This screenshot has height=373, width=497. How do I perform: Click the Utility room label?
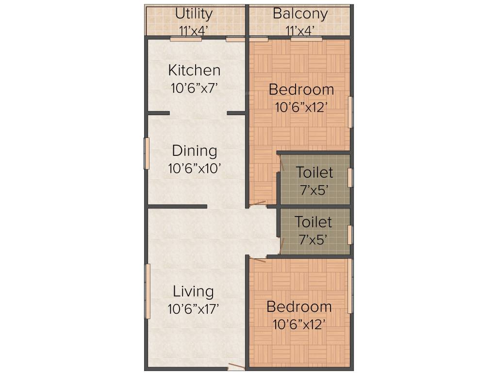(194, 13)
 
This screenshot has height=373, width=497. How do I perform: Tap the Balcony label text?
(300, 13)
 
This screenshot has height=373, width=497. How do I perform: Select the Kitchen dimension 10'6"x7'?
(194, 88)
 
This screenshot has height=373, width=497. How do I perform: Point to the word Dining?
(194, 151)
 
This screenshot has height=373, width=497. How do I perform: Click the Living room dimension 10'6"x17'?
(194, 309)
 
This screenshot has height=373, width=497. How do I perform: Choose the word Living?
(194, 291)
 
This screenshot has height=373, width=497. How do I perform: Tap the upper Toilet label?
(315, 172)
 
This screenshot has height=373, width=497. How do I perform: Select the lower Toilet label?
(314, 222)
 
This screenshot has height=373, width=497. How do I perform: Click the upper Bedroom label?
(301, 89)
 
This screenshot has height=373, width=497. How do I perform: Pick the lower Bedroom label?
(299, 307)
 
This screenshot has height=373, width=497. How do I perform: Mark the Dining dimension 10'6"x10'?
(195, 169)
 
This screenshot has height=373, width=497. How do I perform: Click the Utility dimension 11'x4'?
(194, 31)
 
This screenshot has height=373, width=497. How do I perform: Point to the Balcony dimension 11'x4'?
(300, 31)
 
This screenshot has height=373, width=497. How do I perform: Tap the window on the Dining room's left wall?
(146, 153)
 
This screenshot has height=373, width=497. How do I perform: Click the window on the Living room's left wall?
(148, 291)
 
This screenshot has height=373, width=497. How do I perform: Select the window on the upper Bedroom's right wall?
(350, 112)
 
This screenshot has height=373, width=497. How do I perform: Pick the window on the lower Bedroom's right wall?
(350, 286)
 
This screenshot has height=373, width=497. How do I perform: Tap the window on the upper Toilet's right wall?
(350, 178)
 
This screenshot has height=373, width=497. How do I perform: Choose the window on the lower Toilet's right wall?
(350, 235)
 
